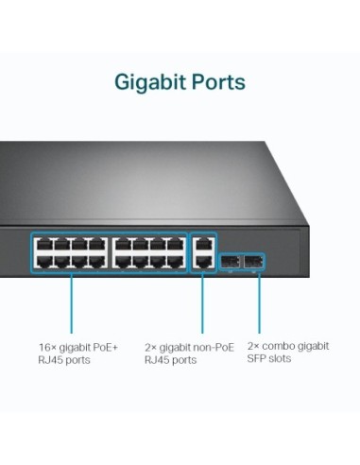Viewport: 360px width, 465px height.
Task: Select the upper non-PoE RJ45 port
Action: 202,244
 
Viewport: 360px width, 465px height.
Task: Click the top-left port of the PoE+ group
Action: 43,244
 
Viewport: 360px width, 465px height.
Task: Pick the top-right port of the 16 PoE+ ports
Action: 175,244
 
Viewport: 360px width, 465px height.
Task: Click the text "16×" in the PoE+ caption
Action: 47,347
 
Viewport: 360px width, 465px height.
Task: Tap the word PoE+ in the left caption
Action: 106,347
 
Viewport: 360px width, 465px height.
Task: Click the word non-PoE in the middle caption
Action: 212,347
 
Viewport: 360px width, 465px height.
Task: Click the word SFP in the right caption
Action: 257,359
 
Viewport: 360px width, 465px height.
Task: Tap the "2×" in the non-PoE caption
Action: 150,347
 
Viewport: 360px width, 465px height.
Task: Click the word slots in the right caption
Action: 280,359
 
